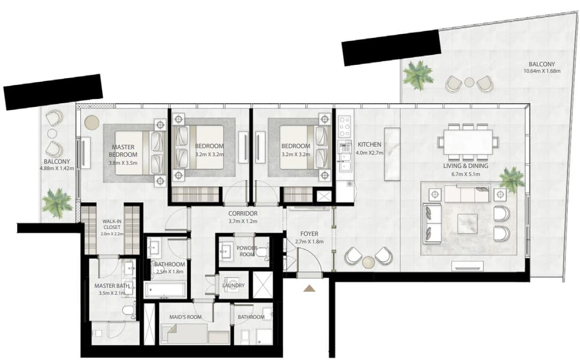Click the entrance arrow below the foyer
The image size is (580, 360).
[309, 288]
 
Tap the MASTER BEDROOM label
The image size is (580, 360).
[123, 151]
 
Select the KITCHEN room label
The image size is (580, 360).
[369, 144]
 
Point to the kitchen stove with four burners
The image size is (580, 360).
[345, 127]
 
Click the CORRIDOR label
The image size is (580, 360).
[243, 213]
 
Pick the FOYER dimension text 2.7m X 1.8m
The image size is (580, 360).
[309, 242]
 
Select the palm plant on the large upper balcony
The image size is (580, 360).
[418, 75]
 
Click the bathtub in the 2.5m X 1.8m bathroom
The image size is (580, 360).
[165, 290]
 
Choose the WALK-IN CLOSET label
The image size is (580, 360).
[112, 224]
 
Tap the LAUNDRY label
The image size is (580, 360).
[234, 285]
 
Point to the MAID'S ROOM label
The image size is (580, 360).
[185, 317]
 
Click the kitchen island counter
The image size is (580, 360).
[392, 154]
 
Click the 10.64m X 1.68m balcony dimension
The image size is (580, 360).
[542, 71]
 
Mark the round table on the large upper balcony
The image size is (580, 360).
[469, 82]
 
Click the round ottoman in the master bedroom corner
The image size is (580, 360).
[91, 122]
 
